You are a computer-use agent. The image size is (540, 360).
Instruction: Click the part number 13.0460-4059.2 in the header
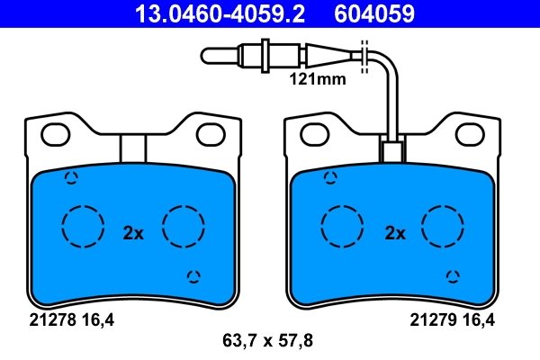pyautogui.click(x=220, y=13)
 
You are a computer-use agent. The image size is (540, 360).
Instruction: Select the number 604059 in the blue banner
pyautogui.click(x=374, y=13)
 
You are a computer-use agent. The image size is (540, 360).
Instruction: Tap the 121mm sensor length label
pyautogui.click(x=318, y=79)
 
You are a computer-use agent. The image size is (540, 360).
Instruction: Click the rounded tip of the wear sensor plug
pyautogui.click(x=204, y=56)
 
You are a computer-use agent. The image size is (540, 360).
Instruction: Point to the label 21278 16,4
pyautogui.click(x=71, y=320)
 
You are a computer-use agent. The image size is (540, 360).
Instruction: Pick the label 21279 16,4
pyautogui.click(x=452, y=320)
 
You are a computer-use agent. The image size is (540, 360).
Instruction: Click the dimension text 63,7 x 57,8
pyautogui.click(x=267, y=341)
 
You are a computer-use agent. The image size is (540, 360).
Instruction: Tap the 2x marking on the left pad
pyautogui.click(x=133, y=233)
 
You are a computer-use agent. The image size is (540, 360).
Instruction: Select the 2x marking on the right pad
pyautogui.click(x=395, y=233)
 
